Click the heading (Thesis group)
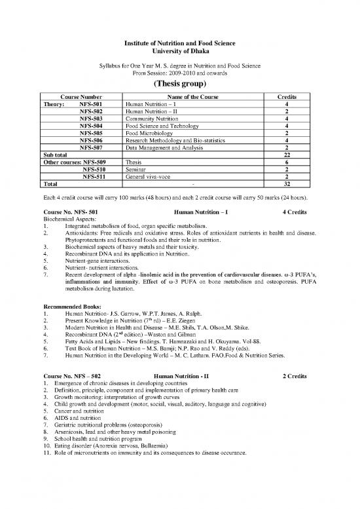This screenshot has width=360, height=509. (x=179, y=84)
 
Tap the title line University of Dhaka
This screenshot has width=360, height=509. (x=179, y=51)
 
